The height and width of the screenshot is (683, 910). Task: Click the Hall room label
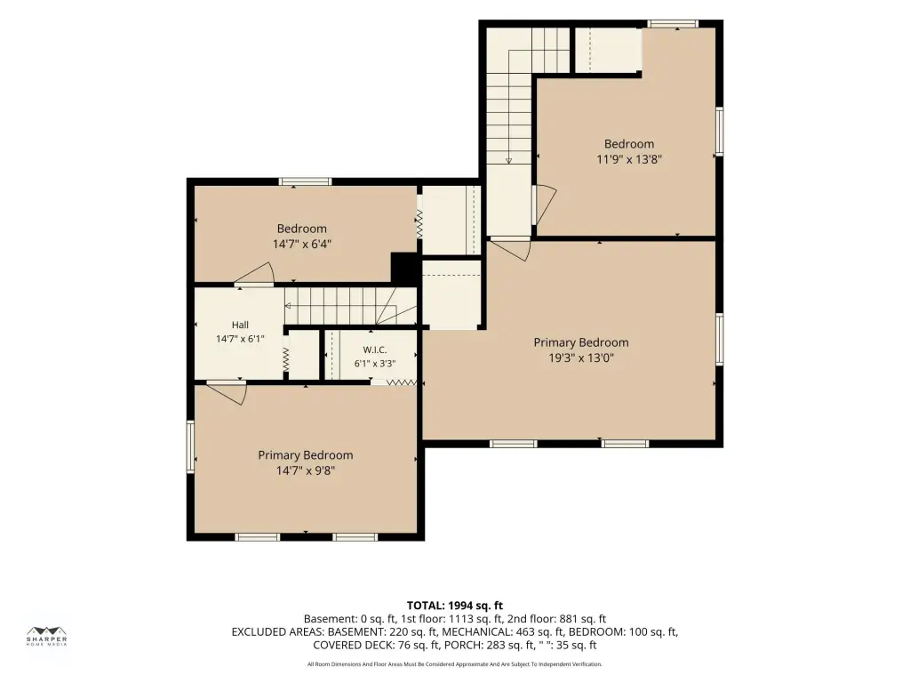[240, 325]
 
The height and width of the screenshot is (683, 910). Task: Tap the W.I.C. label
[375, 350]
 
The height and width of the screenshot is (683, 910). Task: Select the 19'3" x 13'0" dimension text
[581, 358]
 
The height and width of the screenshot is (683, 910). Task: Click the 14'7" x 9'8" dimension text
[306, 470]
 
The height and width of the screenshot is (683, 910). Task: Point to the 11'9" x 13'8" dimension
[629, 159]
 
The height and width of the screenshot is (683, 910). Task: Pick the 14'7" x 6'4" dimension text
[302, 244]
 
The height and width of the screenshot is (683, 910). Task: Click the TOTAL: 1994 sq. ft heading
[454, 606]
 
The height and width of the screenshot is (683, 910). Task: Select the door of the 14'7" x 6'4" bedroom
[255, 274]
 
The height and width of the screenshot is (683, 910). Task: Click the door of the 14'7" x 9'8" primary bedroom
[228, 392]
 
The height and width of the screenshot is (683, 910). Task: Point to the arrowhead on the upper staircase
[508, 161]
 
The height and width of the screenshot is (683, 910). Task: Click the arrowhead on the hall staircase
[287, 306]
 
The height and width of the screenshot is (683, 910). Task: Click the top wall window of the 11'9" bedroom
[673, 24]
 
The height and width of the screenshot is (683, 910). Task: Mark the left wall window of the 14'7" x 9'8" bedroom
[190, 446]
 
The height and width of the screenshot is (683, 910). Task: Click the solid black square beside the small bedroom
[404, 268]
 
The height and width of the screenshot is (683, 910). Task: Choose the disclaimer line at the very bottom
[454, 663]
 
